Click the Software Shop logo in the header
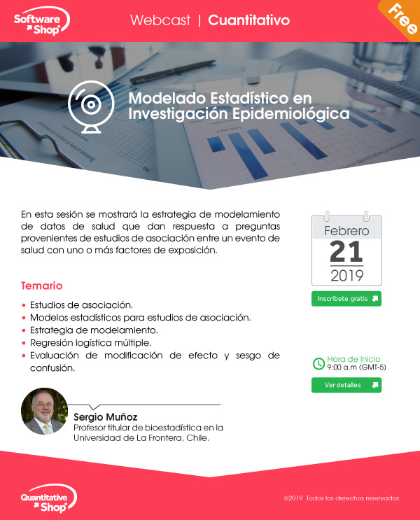pos(41,21)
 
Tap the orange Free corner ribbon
pos(402,18)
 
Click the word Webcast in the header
pos(160,20)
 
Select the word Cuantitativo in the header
pos(248,20)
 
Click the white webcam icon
pos(91,107)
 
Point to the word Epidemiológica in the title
pos(290,114)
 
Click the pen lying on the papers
pos(172,71)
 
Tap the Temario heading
pos(41,286)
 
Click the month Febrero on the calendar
pos(346,231)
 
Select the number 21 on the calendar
pos(346,252)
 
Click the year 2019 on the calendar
pos(347,276)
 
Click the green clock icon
pos(318,363)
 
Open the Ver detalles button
pos(346,385)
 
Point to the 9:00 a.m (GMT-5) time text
pos(356,367)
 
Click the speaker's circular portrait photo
pos(45,412)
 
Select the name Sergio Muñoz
pos(106,417)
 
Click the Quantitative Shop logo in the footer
pos(49,499)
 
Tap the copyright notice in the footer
pos(342,498)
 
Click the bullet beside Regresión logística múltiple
pos(24,343)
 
